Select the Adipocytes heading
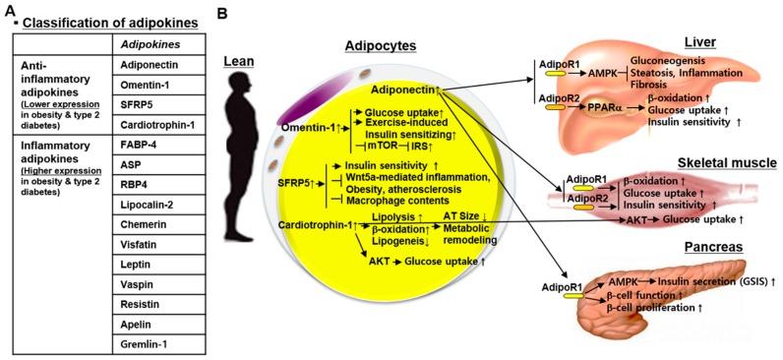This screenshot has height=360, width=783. [375, 45]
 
